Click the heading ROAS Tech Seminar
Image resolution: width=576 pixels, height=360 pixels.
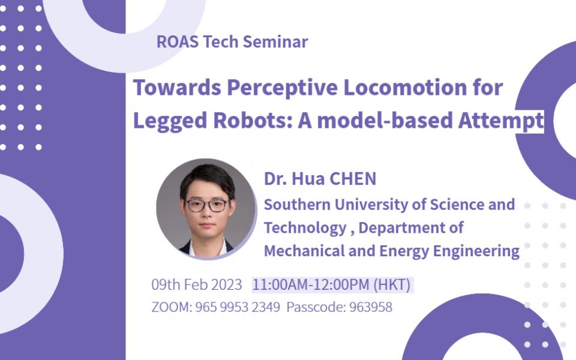coord(232,42)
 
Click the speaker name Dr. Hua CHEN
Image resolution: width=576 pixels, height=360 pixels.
coord(320,179)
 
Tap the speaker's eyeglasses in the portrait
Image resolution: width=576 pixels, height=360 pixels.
coord(206,205)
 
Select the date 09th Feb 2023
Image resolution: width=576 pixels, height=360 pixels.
coord(197,284)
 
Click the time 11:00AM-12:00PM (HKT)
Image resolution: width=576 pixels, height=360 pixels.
coord(332,284)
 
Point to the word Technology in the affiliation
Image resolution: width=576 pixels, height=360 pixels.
coord(305,228)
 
